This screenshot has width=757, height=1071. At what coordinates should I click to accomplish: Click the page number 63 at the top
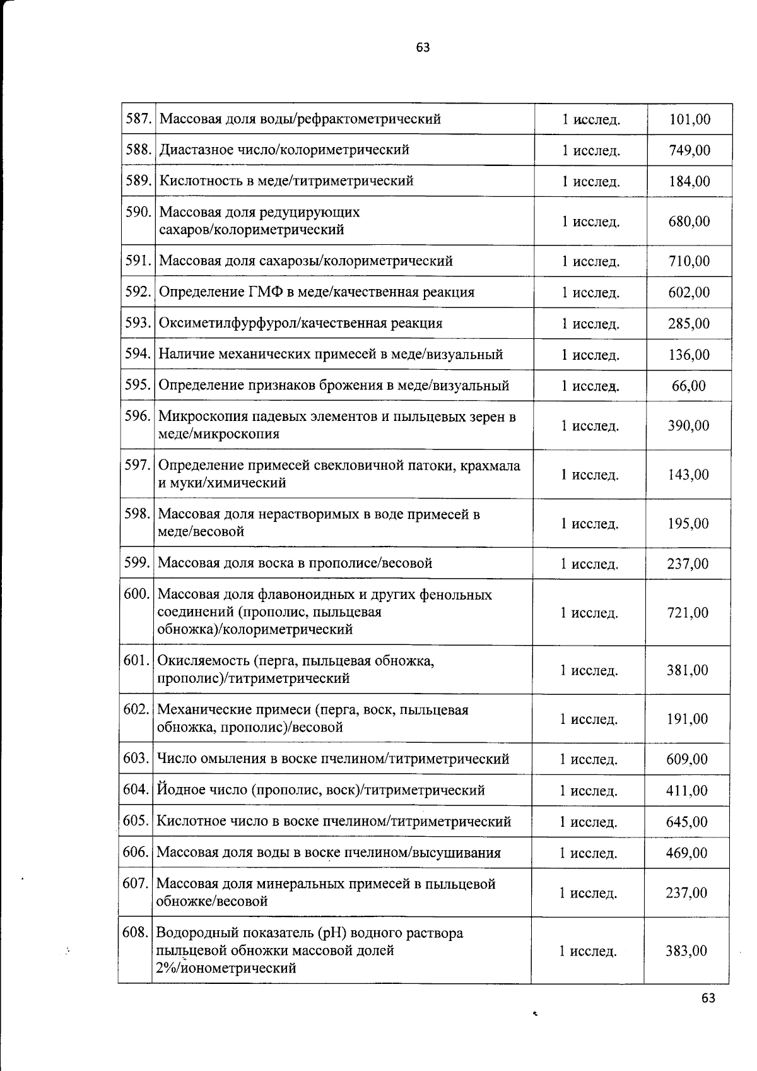[x=423, y=47]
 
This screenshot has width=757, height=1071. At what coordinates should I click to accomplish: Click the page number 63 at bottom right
[x=708, y=998]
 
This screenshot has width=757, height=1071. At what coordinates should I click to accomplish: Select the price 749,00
[x=690, y=150]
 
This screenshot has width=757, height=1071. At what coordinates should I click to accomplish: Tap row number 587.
[x=138, y=119]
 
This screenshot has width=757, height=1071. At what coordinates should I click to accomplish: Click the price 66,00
[x=689, y=386]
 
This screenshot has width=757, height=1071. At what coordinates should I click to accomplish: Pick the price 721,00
[x=688, y=612]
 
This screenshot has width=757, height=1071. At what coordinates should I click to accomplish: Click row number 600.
[x=136, y=594]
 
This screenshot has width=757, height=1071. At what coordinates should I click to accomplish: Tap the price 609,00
[x=687, y=759]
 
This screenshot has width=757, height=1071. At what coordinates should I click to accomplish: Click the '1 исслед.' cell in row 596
[x=590, y=426]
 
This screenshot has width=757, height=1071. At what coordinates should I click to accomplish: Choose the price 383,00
[x=686, y=950]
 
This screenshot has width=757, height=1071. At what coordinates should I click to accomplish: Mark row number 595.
[x=138, y=385]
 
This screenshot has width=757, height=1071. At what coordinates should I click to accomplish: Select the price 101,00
[x=690, y=119]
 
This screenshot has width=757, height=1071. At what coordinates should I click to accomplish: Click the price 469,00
[x=686, y=853]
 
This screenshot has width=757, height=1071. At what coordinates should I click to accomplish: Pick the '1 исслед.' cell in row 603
[x=588, y=759]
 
